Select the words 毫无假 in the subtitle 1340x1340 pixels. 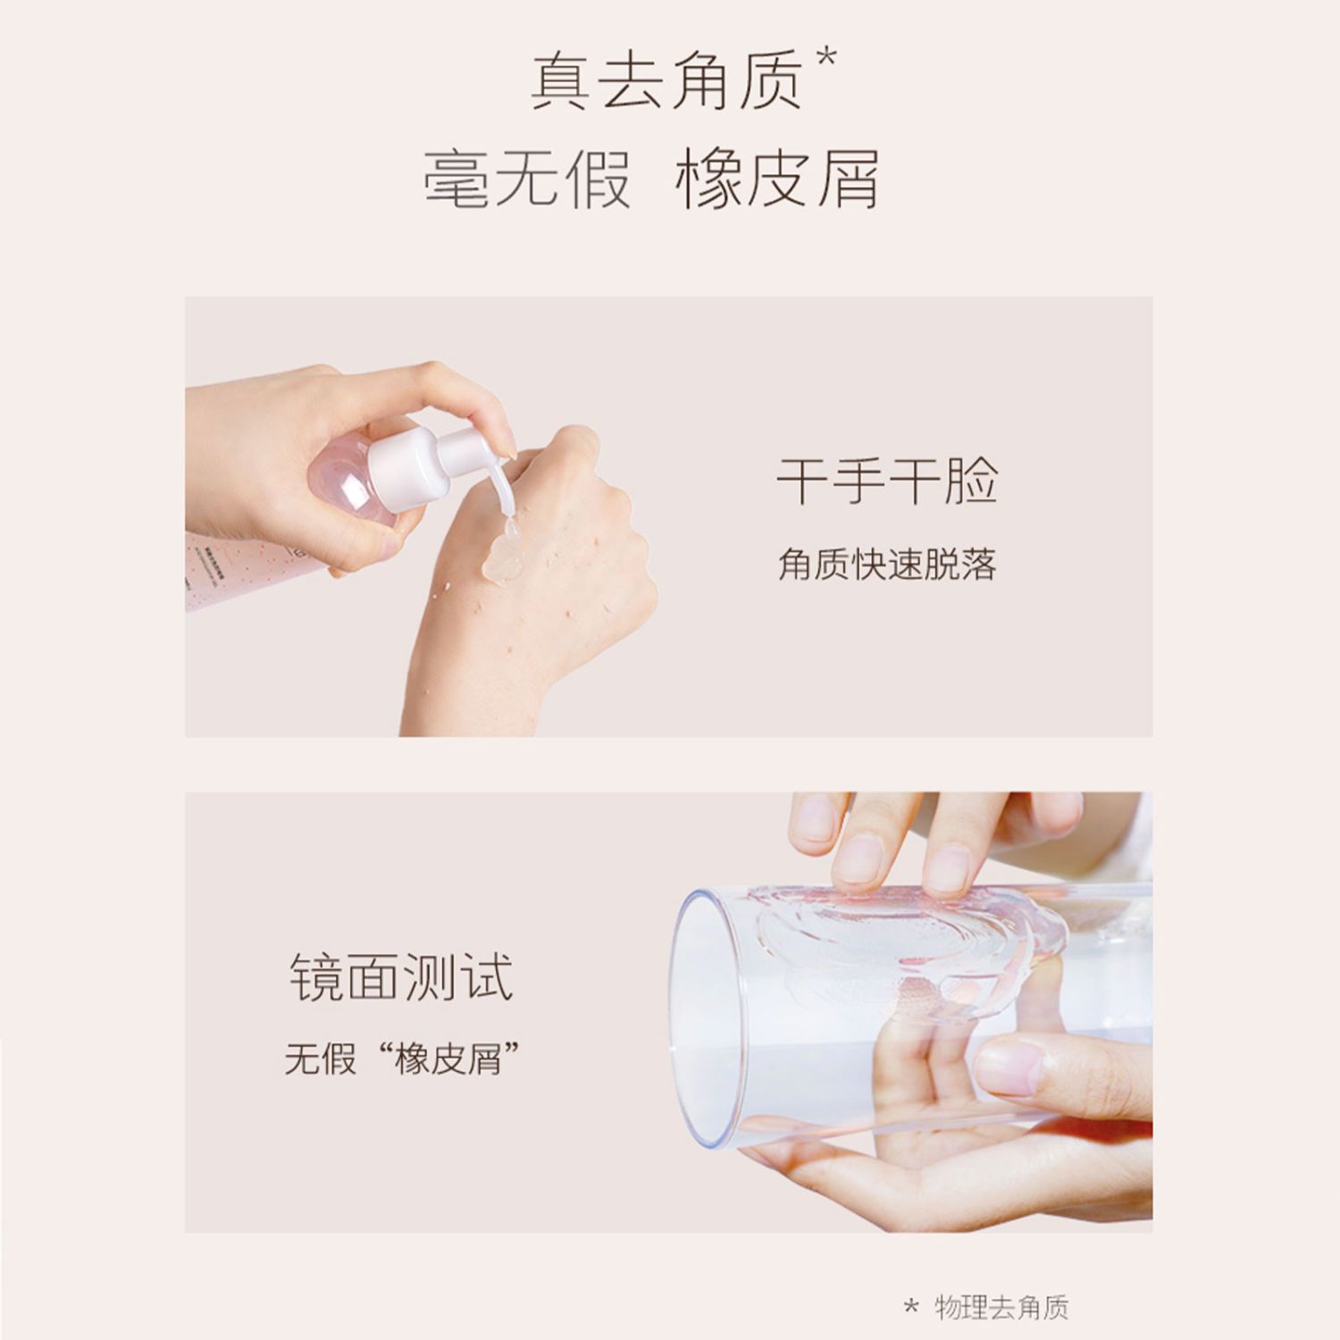(527, 179)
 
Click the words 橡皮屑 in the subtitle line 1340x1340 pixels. (777, 179)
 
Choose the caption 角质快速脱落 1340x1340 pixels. (887, 565)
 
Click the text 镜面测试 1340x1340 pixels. (401, 977)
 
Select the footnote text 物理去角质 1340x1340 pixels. (1001, 1308)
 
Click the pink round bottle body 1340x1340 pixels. (350, 481)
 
